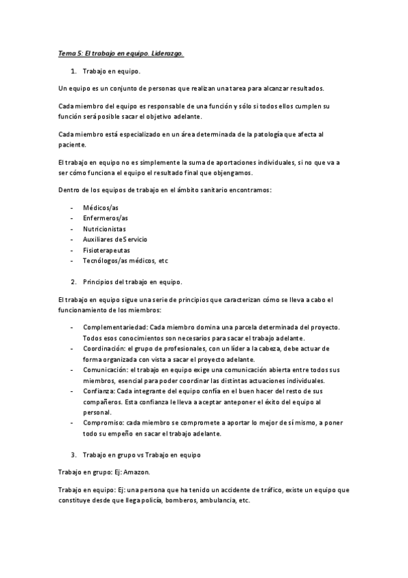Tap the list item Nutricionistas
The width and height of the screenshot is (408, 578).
pos(104,229)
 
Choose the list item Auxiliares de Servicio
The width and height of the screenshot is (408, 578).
pos(114,239)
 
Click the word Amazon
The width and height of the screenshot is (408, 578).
pos(140,471)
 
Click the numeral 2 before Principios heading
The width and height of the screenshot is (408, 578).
pos(73,282)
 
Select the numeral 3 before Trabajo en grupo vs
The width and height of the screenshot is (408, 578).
pos(73,455)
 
